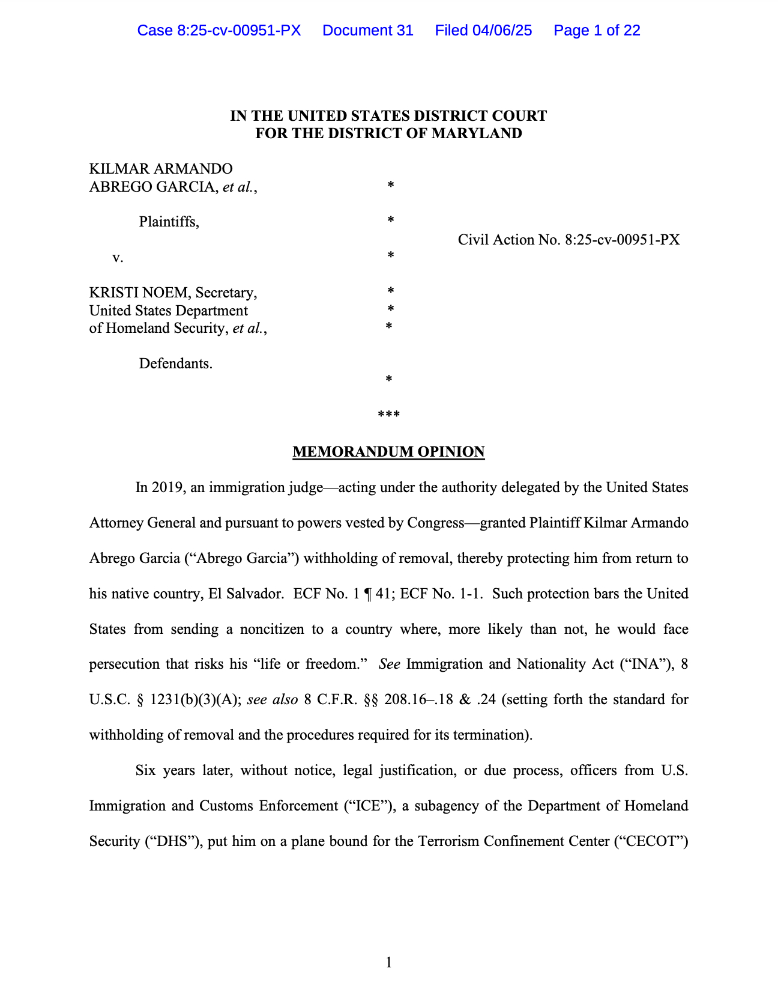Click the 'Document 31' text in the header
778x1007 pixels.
tap(367, 31)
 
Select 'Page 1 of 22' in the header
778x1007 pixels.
tap(597, 31)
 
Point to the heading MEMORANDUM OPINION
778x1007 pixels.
tap(388, 452)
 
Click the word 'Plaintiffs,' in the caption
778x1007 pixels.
tap(169, 222)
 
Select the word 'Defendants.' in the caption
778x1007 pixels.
tap(175, 364)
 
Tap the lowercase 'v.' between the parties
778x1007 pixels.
tap(118, 257)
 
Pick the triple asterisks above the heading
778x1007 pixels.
tap(388, 415)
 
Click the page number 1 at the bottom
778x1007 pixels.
tap(388, 963)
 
